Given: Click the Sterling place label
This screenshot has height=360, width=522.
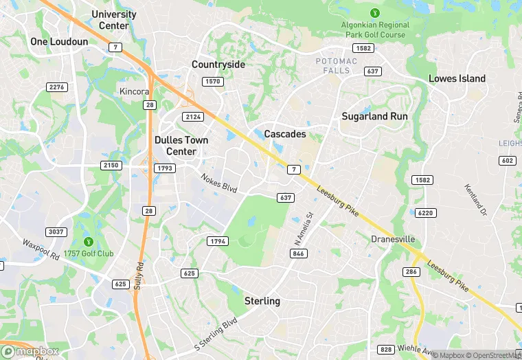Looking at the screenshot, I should tap(262, 301).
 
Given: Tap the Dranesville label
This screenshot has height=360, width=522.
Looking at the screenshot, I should tap(393, 239).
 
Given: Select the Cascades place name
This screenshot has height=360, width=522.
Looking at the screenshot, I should tap(285, 134).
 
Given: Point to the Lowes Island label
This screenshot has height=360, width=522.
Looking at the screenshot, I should tap(457, 78).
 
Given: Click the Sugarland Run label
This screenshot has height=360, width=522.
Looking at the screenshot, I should tap(374, 116).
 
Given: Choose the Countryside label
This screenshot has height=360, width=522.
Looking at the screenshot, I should tap(218, 65).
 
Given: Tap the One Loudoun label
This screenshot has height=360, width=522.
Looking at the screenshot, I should tap(59, 42).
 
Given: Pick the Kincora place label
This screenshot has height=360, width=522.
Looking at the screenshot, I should tap(135, 91).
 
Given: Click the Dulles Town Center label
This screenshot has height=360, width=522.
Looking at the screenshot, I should tap(181, 145).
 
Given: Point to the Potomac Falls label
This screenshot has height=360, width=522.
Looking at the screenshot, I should tap(337, 66).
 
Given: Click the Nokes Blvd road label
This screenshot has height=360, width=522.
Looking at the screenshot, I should tap(219, 183).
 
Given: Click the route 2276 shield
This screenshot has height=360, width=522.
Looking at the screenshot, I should tap(56, 87).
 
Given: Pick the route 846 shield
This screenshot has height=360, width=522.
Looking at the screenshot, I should tap(299, 254).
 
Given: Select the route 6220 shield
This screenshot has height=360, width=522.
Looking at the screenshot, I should tap(426, 213).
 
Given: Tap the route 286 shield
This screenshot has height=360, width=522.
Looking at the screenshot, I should tap(411, 273).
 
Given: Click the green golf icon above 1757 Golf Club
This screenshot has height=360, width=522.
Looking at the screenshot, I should tap(89, 241).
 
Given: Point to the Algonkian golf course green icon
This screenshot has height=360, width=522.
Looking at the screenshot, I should tap(374, 12).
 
